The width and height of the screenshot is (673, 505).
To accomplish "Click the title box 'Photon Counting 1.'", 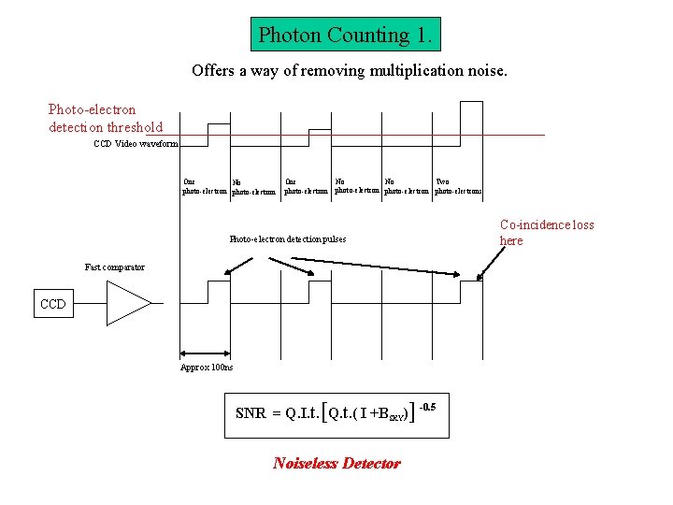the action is (346, 36).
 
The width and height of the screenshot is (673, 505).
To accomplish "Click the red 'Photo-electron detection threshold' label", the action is (106, 119).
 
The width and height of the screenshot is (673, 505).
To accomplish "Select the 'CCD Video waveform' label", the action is (135, 144).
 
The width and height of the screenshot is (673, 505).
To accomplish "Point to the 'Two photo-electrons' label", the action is (458, 187).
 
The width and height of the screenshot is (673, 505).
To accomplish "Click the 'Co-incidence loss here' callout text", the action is (547, 233).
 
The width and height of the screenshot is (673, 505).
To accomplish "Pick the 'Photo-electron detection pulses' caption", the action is (287, 239).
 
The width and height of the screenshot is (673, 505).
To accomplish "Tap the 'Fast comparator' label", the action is (115, 267).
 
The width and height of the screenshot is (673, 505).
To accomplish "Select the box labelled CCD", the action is (53, 304).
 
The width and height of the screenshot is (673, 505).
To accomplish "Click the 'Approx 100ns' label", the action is (207, 367).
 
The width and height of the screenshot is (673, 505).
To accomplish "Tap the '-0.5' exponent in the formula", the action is (427, 406).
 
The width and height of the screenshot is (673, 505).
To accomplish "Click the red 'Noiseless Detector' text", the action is (336, 463).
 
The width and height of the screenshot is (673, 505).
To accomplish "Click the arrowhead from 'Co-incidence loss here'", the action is (479, 277).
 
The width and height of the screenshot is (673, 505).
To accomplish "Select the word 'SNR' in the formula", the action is (251, 413).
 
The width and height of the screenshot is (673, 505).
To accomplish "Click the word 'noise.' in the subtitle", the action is (484, 70).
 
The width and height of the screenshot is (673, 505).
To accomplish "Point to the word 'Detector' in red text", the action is (371, 463).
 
